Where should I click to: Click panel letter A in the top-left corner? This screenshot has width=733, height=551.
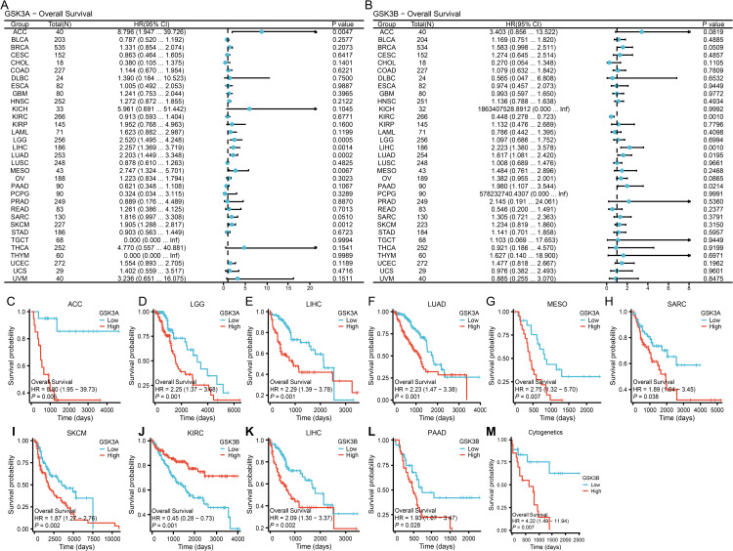pos(5,6)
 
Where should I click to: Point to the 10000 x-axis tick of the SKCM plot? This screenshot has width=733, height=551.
pos(115,533)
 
